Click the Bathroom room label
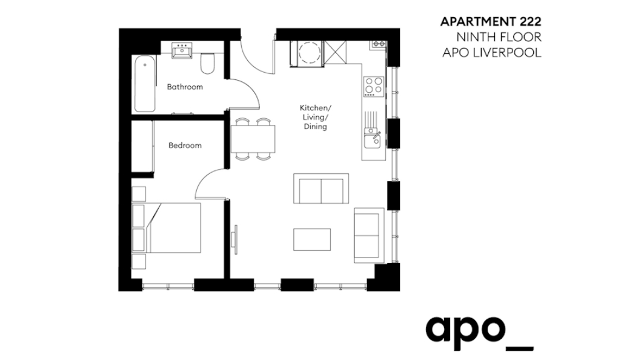pyautogui.click(x=185, y=87)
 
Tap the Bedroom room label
pyautogui.click(x=185, y=145)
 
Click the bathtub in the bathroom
pyautogui.click(x=145, y=84)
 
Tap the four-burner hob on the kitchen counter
pyautogui.click(x=373, y=87)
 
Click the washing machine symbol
pyautogui.click(x=308, y=53)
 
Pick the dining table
pyautogui.click(x=253, y=139)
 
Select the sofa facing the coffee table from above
pyautogui.click(x=321, y=189)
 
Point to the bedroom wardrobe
pyautogui.click(x=142, y=146)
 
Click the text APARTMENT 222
pyautogui.click(x=490, y=22)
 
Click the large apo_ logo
pyautogui.click(x=479, y=331)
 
